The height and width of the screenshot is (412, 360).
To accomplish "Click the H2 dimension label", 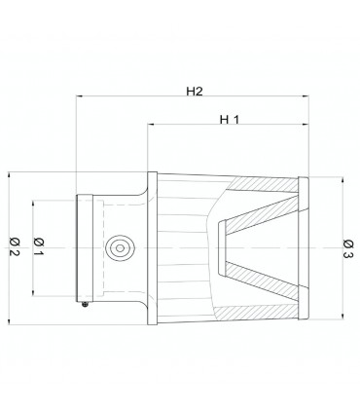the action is pyautogui.click(x=195, y=92).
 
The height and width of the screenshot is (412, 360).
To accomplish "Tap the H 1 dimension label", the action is pyautogui.click(x=230, y=120).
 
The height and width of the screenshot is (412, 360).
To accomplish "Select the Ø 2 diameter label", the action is pyautogui.click(x=15, y=246).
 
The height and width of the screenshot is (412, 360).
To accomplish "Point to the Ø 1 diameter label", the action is pyautogui.click(x=38, y=246).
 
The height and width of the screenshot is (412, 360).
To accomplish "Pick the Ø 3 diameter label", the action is pyautogui.click(x=347, y=248).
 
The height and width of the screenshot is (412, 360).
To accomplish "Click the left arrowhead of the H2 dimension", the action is pyautogui.click(x=79, y=96).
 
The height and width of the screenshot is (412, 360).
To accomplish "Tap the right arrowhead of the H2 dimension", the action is pyautogui.click(x=306, y=96).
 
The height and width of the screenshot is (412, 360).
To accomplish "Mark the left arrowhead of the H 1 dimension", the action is pyautogui.click(x=151, y=124).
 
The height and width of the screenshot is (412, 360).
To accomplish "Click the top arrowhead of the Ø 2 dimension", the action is pyautogui.click(x=9, y=175).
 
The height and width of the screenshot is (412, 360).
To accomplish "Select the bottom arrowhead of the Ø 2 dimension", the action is pyautogui.click(x=9, y=321).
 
